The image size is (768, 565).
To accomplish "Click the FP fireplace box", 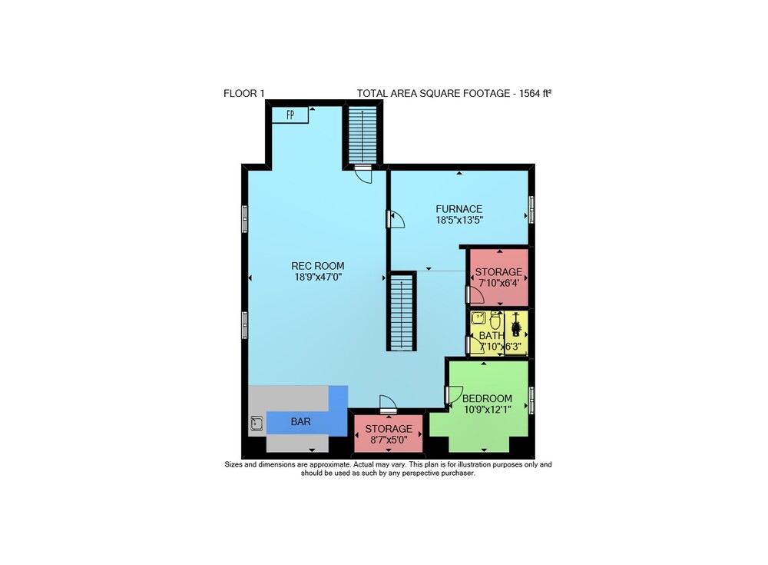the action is click(290, 115).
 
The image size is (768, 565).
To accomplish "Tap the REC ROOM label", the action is click(318, 266).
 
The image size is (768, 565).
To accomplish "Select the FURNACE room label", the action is click(459, 209).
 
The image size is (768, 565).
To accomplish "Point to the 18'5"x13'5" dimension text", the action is click(459, 220).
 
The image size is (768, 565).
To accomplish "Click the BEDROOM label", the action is click(488, 399).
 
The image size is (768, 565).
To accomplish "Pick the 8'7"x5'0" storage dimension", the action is click(389, 440).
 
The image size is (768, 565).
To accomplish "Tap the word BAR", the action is click(301, 422).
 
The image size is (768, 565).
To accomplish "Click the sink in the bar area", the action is click(257, 424).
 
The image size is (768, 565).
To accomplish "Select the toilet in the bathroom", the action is click(495, 321).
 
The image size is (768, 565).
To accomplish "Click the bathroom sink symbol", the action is click(478, 317).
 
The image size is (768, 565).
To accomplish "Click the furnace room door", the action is click(396, 219).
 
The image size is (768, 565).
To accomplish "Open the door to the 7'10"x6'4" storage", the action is click(474, 294).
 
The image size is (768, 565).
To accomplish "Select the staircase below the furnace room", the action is click(402, 311).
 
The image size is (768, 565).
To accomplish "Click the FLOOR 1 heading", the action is click(244, 93).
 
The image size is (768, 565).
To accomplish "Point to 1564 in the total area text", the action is click(529, 93).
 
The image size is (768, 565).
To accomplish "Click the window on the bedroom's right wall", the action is click(531, 400).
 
